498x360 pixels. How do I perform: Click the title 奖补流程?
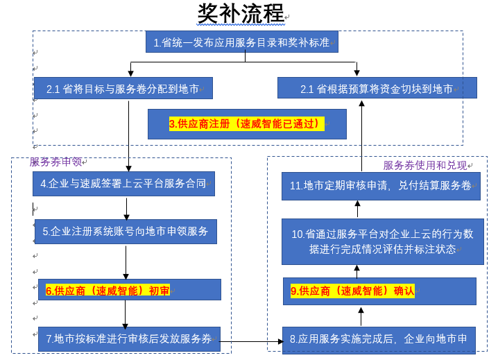pos(241,13)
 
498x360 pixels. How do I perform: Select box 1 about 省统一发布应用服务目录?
pos(241,43)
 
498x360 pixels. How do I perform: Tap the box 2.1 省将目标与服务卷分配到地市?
pos(123,89)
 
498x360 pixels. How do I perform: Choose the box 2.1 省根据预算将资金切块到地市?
pos(377,89)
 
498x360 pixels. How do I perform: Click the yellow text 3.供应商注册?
pos(247,124)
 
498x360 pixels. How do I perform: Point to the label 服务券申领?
pos(55,162)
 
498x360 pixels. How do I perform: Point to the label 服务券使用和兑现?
pos(424,166)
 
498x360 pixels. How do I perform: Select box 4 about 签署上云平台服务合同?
pos(123,185)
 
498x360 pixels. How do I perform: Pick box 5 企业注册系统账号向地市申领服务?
pos(126,232)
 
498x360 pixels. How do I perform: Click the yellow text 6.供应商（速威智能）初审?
pos(108,291)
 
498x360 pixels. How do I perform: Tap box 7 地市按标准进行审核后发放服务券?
pos(129,339)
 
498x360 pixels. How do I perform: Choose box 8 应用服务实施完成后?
pos(379,340)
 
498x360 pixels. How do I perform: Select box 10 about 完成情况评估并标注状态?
pos(382,241)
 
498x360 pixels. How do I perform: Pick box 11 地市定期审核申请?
pos(380,186)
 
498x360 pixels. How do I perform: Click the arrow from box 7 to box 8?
pos(251,341)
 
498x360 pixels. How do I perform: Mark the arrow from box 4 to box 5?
pos(126,208)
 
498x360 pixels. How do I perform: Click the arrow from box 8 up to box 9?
pos(361,316)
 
